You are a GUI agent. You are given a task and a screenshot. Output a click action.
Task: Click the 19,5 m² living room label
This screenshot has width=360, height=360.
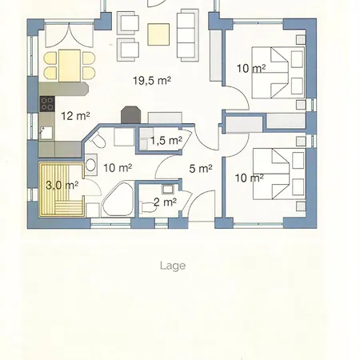tap(152, 80)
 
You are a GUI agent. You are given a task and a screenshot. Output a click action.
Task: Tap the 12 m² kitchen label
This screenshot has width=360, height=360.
tap(75, 116)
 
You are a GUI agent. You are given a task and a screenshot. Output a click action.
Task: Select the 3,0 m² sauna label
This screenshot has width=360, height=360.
tap(62, 185)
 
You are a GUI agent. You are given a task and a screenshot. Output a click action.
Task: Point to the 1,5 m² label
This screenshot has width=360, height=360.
tap(166, 140)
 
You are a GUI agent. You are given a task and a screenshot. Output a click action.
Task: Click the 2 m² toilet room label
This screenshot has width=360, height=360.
tap(165, 202)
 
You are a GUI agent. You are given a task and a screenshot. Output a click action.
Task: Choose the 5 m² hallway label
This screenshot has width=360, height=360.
tap(201, 169)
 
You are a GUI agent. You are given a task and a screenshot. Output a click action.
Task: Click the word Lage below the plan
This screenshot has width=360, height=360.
tap(173, 266)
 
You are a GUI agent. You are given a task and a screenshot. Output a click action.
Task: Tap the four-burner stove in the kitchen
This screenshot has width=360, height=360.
tap(47, 104)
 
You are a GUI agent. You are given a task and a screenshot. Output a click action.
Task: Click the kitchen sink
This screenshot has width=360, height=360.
tap(46, 133)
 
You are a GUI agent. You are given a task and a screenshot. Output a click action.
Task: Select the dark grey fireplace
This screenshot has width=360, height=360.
tap(130, 114)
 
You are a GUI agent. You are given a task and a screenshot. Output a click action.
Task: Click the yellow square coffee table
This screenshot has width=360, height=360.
tap(158, 34)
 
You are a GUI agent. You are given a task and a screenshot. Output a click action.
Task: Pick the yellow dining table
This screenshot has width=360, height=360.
tap(70, 66)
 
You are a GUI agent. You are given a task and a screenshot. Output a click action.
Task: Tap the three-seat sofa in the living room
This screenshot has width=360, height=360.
tap(188, 35)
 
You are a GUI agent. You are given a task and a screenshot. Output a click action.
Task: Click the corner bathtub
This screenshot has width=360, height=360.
tap(118, 199)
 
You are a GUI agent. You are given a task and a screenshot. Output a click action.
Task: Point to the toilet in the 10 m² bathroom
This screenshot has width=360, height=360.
tap(98, 140)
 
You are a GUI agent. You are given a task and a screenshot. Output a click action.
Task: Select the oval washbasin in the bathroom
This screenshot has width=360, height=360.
tap(90, 165)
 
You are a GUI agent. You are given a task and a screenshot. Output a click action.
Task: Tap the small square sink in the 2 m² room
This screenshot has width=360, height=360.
tap(168, 189)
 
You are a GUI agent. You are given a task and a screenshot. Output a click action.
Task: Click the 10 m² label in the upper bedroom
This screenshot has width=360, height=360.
tap(251, 69)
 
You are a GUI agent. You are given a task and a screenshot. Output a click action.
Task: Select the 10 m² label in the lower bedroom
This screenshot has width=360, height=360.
tap(249, 178)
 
